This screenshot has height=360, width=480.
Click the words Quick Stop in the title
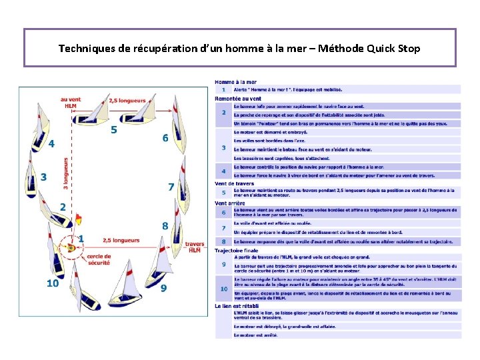pos(395,49)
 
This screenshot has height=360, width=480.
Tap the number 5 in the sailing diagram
pos(114,129)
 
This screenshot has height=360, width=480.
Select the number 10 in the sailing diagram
pos(52,283)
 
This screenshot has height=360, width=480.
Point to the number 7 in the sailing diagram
pos(171,187)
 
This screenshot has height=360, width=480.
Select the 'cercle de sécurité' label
pos(99,259)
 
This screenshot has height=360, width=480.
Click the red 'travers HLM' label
pos(195,247)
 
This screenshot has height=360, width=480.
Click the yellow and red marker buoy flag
pos(79,217)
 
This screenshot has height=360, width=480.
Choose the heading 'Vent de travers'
pos(235,183)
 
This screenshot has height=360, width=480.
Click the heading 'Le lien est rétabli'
pos(237,305)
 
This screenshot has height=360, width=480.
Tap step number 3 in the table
pos(223,148)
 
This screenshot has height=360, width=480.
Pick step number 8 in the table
pos(223,241)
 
